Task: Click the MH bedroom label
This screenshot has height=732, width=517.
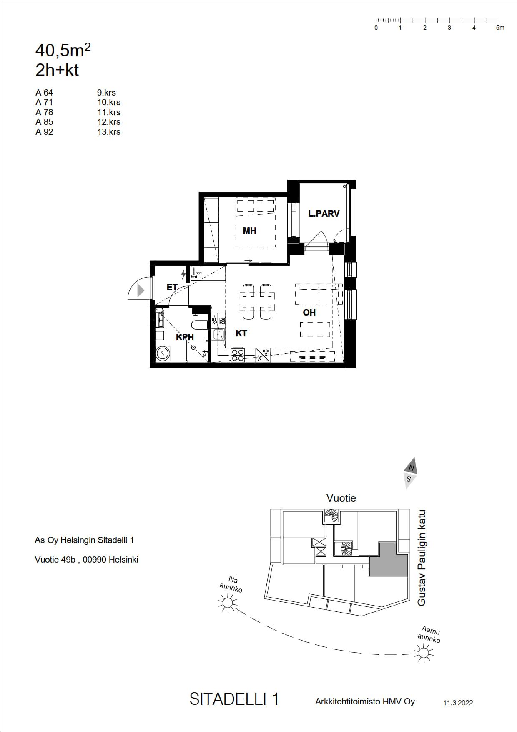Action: [249, 231]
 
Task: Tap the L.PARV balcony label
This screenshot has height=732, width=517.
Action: [324, 214]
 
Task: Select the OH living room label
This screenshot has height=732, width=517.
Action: [309, 313]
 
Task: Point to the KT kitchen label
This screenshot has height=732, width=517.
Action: [241, 333]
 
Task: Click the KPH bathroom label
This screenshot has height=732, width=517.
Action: [185, 337]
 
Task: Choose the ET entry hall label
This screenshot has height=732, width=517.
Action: [172, 287]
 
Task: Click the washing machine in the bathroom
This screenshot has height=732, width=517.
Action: [163, 354]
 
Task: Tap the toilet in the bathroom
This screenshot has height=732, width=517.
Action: [199, 325]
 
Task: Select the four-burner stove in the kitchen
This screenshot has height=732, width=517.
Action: [238, 355]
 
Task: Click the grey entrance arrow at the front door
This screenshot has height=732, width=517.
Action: [141, 290]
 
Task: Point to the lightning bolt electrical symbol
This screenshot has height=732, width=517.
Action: [183, 274]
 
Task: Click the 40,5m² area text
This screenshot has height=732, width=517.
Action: [63, 50]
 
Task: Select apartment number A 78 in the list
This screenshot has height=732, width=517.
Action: [44, 112]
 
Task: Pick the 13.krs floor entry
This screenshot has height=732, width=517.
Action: [109, 132]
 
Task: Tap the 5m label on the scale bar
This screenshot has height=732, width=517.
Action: [500, 28]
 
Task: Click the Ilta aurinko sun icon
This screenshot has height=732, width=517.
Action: [228, 603]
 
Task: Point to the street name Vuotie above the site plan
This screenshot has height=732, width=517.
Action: [341, 498]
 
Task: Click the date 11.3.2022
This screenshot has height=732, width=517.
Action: [458, 703]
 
